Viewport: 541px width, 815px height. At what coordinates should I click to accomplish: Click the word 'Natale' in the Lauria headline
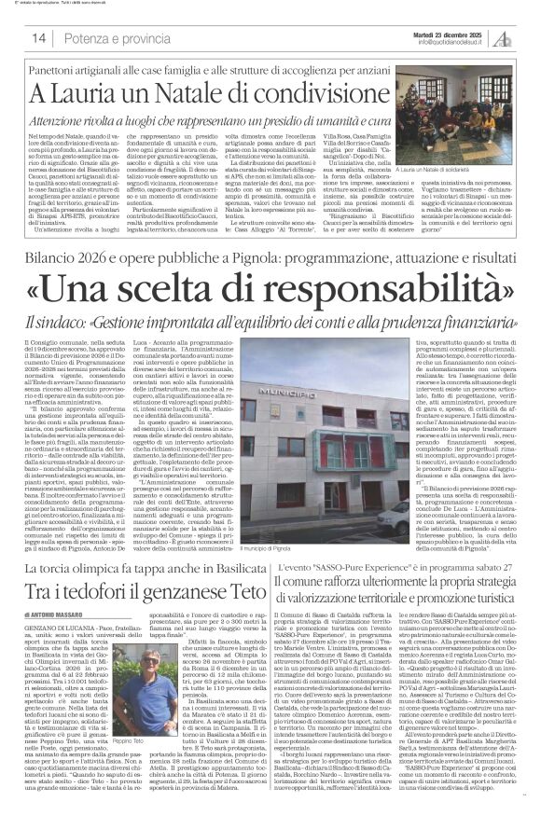(x=153, y=93)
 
